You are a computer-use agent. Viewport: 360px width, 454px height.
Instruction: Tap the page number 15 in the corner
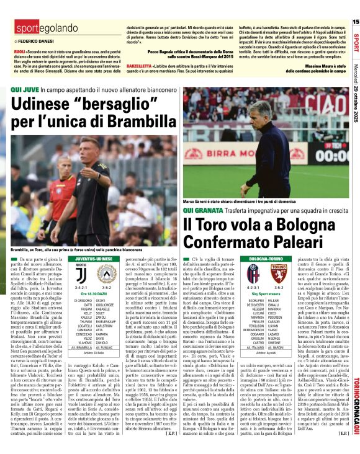[x=356, y=22]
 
